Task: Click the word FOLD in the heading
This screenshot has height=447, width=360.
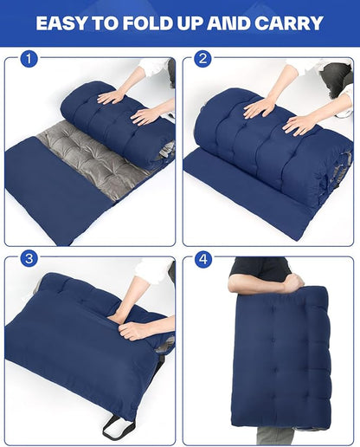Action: click(x=148, y=23)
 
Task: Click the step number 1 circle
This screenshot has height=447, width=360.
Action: click(x=29, y=59)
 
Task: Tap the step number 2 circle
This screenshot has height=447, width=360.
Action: click(x=202, y=59)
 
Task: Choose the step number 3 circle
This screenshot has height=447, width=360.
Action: click(x=29, y=259)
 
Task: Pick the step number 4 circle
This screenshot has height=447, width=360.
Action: click(x=202, y=259)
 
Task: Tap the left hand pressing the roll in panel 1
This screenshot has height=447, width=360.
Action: click(x=110, y=98)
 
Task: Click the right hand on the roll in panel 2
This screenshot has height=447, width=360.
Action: click(x=301, y=125)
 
